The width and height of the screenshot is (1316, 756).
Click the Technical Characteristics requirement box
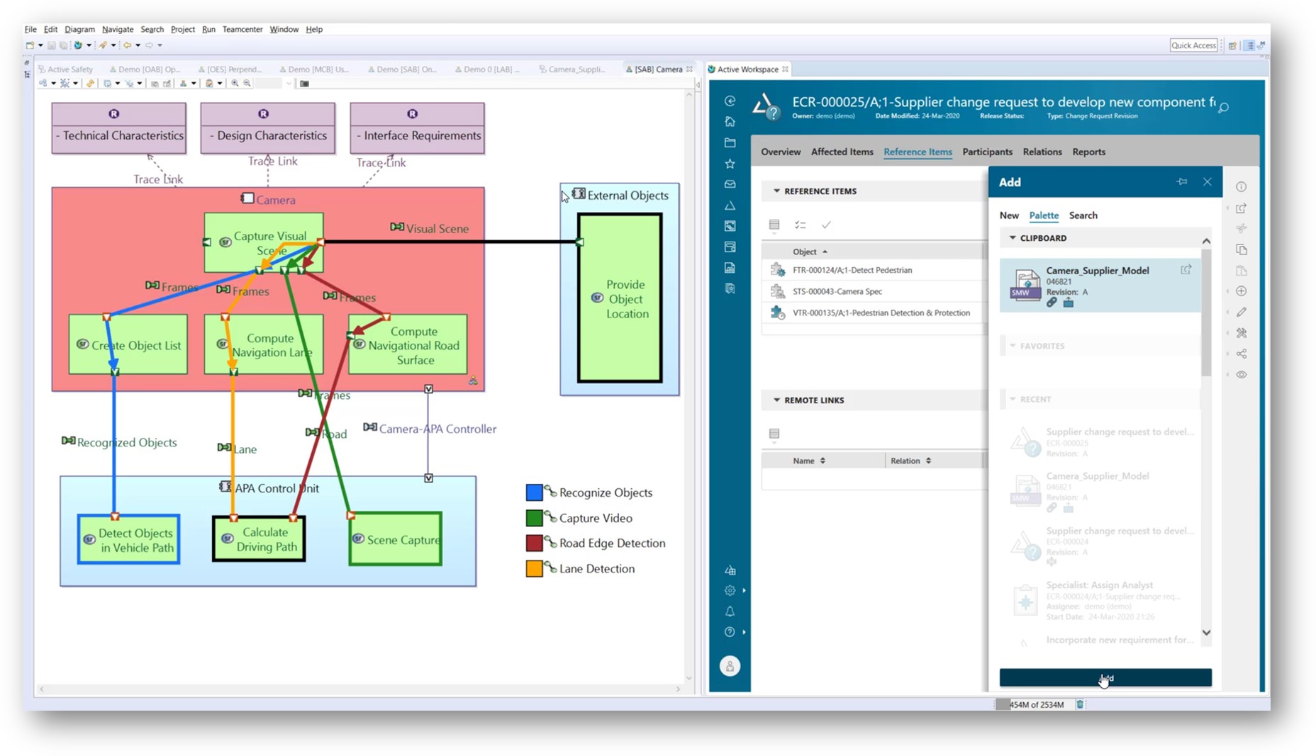pyautogui.click(x=118, y=128)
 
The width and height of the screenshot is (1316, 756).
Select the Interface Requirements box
pyautogui.click(x=417, y=128)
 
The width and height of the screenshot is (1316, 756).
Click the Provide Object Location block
pyautogui.click(x=620, y=298)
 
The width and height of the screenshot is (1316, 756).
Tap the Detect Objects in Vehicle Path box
pyautogui.click(x=129, y=540)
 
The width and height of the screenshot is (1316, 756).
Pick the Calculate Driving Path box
pyautogui.click(x=260, y=539)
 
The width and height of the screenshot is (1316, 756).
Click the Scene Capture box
pyautogui.click(x=396, y=540)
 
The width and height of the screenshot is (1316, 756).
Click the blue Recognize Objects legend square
pyautogui.click(x=534, y=492)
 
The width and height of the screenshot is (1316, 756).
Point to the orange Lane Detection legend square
pyautogui.click(x=534, y=568)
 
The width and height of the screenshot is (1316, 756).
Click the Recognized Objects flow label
pyautogui.click(x=126, y=443)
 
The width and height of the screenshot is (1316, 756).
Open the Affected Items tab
pyautogui.click(x=842, y=152)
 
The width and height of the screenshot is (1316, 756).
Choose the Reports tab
pyautogui.click(x=1088, y=152)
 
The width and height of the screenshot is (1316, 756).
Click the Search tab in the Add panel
pyautogui.click(x=1083, y=215)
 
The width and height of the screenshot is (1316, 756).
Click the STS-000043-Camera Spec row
pyautogui.click(x=837, y=291)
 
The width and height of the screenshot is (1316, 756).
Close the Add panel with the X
pyautogui.click(x=1207, y=182)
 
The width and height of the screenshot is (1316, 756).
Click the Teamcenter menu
pyautogui.click(x=242, y=29)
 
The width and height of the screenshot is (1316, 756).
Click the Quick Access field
pyautogui.click(x=1193, y=45)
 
